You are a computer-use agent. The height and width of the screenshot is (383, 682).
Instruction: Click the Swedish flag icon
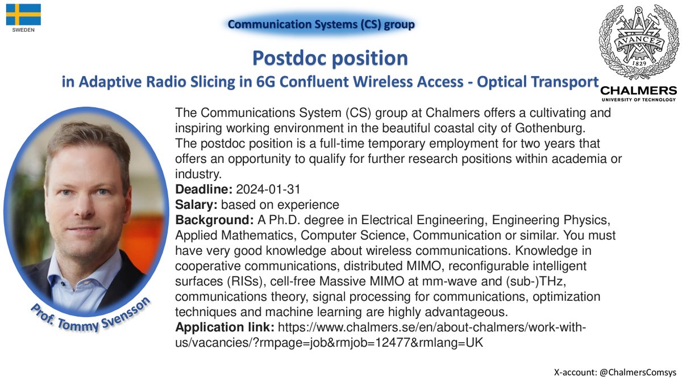pos(23,14)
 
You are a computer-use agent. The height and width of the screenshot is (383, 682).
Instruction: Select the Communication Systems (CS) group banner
pos(321,24)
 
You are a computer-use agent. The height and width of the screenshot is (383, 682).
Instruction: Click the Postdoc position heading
pos(330,58)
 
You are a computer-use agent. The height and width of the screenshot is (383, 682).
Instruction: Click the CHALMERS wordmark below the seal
pos(638,91)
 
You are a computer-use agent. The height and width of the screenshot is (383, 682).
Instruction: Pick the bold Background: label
pos(211,219)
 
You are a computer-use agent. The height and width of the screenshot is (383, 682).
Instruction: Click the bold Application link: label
pos(225,328)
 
